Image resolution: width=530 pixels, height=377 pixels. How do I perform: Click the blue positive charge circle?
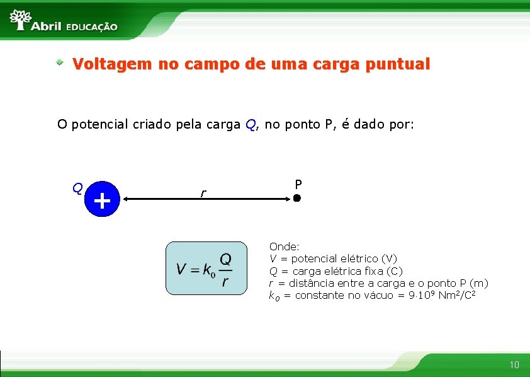(x=101, y=200)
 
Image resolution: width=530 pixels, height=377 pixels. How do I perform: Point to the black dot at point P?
(x=297, y=199)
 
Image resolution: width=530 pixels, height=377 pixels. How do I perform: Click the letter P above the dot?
(x=298, y=184)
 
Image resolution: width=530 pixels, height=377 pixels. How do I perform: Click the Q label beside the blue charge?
(x=76, y=188)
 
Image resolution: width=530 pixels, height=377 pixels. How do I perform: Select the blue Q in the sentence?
(x=251, y=125)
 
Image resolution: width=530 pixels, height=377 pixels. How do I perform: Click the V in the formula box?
(x=181, y=269)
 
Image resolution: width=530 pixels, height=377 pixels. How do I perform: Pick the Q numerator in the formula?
(x=225, y=259)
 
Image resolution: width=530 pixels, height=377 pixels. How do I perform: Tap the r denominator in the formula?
(x=225, y=281)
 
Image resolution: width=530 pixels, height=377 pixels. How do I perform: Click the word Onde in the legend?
(x=283, y=246)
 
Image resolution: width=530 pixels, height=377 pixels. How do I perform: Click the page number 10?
(x=514, y=364)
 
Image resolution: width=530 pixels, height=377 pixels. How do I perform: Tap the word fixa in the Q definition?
(x=374, y=271)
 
